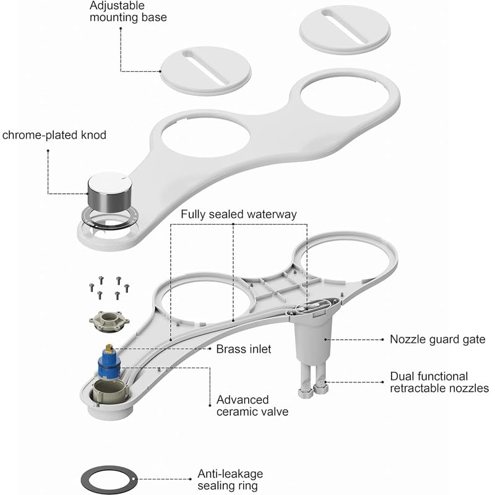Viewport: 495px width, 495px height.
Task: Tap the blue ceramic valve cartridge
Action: (109, 363)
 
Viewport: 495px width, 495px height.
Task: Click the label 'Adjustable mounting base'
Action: (128, 11)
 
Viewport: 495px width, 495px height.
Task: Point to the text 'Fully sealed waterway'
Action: (239, 214)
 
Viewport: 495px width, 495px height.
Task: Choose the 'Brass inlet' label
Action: (243, 349)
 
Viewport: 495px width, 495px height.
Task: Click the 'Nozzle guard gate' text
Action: (437, 339)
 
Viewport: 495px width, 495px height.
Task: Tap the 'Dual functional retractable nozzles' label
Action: (439, 382)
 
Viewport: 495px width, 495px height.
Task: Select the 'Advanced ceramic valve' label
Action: (252, 406)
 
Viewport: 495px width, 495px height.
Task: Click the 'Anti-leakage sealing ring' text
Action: (230, 480)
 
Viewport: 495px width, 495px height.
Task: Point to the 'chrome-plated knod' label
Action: (54, 135)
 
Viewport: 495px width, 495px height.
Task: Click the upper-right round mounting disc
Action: (345, 29)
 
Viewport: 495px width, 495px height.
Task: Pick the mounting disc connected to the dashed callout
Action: (206, 71)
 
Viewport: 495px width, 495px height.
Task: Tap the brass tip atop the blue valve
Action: (110, 348)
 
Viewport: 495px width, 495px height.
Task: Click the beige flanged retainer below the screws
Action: (110, 321)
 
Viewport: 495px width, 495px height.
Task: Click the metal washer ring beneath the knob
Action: (110, 217)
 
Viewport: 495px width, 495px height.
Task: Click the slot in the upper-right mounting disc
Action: (344, 27)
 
